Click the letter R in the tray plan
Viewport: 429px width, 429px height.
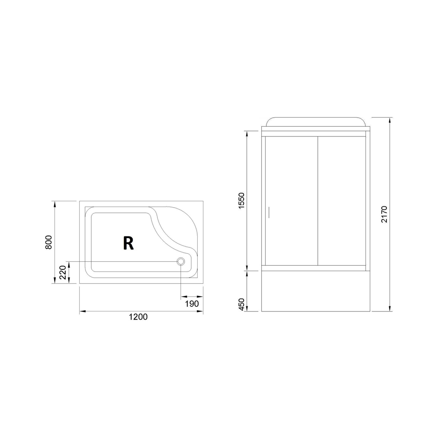tap(128, 243)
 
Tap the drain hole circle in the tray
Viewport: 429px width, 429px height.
tap(181, 261)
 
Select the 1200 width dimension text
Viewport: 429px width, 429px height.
tap(138, 317)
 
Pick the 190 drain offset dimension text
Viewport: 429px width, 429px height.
tap(191, 304)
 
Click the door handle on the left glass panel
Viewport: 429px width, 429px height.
tap(268, 212)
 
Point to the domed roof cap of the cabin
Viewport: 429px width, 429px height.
tap(315, 121)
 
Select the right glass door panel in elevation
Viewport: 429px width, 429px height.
tap(341, 202)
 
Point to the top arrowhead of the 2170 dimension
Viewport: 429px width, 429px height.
tap(389, 120)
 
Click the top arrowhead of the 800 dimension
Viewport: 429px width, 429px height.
tap(54, 203)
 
